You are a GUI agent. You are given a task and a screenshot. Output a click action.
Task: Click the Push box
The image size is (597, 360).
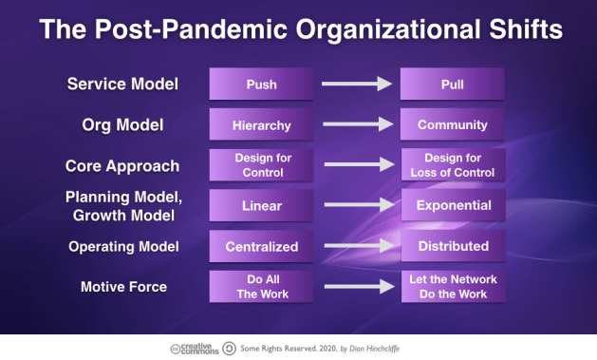pyautogui.click(x=261, y=85)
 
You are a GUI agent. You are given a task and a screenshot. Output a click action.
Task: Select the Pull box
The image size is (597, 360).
pyautogui.click(x=453, y=85)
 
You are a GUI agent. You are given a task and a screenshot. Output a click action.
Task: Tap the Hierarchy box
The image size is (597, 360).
pyautogui.click(x=261, y=124)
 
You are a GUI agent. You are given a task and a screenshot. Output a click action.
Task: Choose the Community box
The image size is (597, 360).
pyautogui.click(x=453, y=124)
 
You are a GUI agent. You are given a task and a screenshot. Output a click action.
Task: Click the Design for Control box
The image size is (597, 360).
pyautogui.click(x=261, y=165)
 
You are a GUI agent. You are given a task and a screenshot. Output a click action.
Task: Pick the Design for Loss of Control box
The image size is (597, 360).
pyautogui.click(x=453, y=165)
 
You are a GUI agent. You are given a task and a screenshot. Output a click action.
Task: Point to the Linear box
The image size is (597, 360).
pyautogui.click(x=261, y=205)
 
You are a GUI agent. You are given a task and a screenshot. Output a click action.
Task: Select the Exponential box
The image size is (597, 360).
pyautogui.click(x=453, y=205)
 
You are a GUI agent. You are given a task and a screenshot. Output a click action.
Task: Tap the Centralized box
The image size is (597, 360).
pyautogui.click(x=261, y=246)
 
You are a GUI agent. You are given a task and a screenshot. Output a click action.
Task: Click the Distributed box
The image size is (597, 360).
pyautogui.click(x=453, y=246)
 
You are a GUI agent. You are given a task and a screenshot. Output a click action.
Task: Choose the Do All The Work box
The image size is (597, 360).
pyautogui.click(x=261, y=287)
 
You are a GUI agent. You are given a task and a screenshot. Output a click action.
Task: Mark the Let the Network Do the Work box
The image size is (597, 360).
pyautogui.click(x=453, y=287)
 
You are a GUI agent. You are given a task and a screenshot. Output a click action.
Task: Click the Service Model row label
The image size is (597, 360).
pyautogui.click(x=123, y=85)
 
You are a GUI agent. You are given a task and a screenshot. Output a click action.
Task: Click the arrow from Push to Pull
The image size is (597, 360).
pyautogui.click(x=357, y=85)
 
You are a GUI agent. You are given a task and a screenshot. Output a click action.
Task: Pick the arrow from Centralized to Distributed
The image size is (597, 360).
pyautogui.click(x=357, y=246)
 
